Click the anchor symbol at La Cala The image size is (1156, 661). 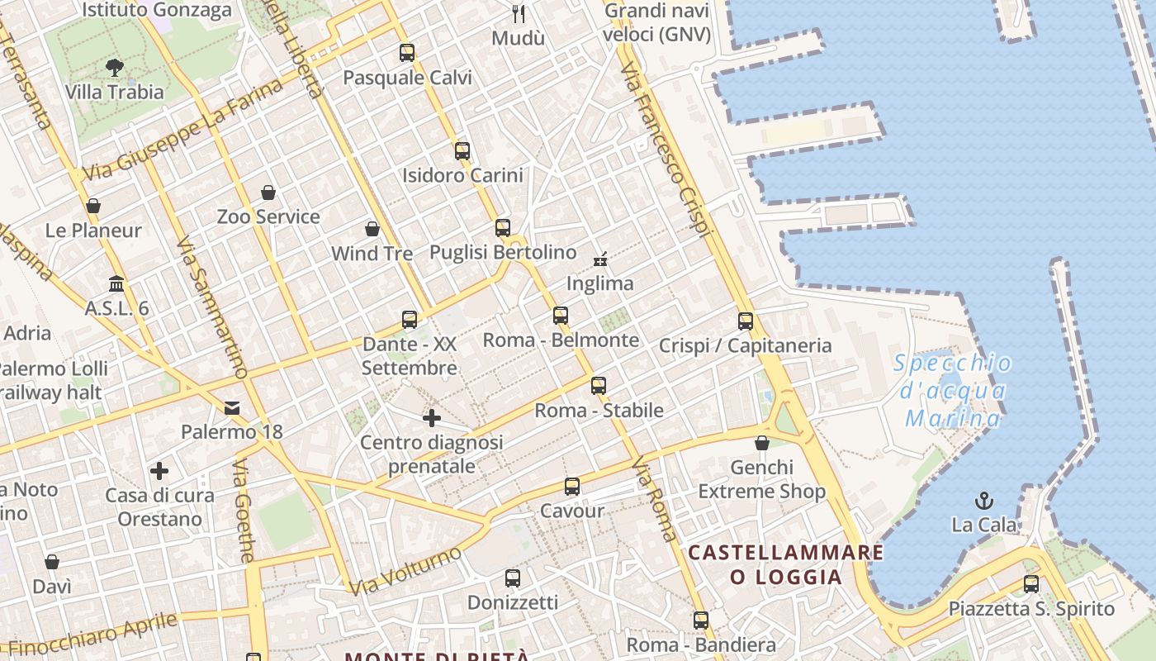coord(983,500)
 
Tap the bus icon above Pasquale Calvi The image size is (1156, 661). coord(406,53)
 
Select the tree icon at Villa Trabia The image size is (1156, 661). coord(115,67)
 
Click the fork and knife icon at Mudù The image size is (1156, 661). coord(519,13)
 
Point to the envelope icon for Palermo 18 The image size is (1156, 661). coord(231,407)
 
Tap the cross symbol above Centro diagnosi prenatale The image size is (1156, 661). coord(431,418)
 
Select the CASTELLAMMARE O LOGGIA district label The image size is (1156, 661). coord(785,564)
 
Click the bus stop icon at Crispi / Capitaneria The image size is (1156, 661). coord(746,321)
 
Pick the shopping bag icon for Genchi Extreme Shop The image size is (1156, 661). coord(762,444)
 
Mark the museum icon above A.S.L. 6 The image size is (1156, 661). coord(116,283)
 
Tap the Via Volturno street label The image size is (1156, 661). coord(405,571)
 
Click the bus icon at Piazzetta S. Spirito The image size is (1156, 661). coord(1030,584)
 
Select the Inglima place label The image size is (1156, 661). coord(599,283)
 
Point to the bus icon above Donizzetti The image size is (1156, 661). coord(512,578)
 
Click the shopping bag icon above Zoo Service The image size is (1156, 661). coord(268,193)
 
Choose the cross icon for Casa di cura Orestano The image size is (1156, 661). coord(159,472)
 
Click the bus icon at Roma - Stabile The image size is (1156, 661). coord(599,386)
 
